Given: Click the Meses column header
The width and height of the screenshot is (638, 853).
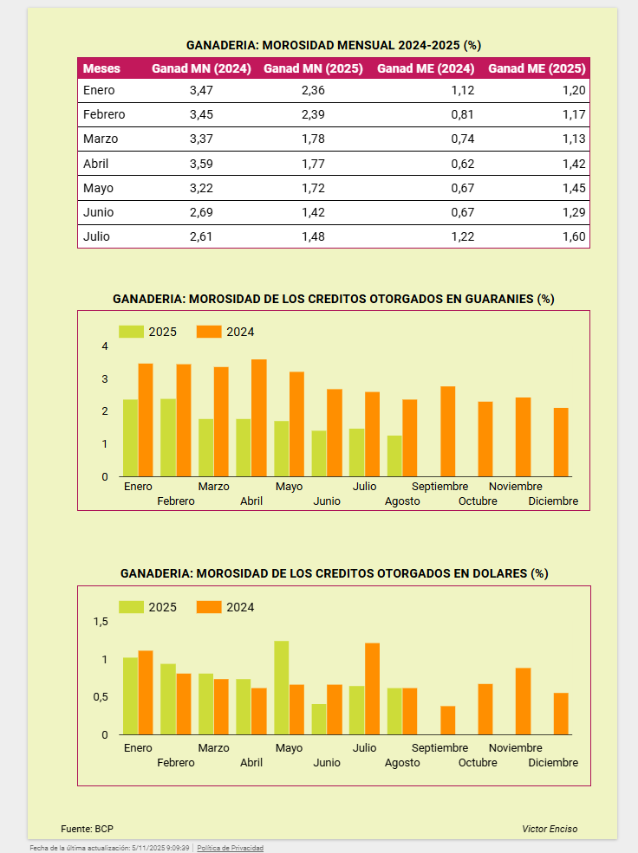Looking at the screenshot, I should tap(101, 68).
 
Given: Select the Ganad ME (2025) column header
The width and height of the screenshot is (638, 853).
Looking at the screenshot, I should tap(537, 68).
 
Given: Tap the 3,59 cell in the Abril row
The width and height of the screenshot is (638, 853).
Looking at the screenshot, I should tap(200, 164).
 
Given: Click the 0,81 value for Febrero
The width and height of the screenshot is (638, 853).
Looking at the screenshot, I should tap(462, 114).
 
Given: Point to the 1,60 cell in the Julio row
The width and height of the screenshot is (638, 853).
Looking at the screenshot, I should tap(574, 236).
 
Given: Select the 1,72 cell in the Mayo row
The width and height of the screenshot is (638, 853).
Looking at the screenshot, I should tap(312, 188).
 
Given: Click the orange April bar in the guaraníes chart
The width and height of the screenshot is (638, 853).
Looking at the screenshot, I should tap(258, 417).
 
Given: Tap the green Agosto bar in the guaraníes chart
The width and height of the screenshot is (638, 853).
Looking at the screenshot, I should tap(394, 456).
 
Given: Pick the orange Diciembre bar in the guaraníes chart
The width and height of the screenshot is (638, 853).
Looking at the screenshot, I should tap(561, 442).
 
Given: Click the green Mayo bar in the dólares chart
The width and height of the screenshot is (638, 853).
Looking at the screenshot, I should tap(281, 688).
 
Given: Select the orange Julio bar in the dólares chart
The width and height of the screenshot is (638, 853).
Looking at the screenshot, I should tap(372, 688).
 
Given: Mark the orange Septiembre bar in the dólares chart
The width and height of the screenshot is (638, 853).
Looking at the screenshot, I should tap(447, 721).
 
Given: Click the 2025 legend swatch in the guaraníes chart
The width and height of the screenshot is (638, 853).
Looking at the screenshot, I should tap(131, 332).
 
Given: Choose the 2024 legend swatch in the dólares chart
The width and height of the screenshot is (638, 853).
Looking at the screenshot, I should tap(209, 607).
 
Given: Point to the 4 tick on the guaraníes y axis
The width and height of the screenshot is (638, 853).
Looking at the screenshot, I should tap(105, 346).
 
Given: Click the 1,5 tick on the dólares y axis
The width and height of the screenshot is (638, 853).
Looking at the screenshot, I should tap(101, 622).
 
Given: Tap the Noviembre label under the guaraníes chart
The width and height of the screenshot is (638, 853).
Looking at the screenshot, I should tap(516, 487).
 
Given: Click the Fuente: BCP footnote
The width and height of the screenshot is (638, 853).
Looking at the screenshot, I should tap(81, 829).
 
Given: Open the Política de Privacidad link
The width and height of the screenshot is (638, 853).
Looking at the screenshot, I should tap(230, 848).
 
